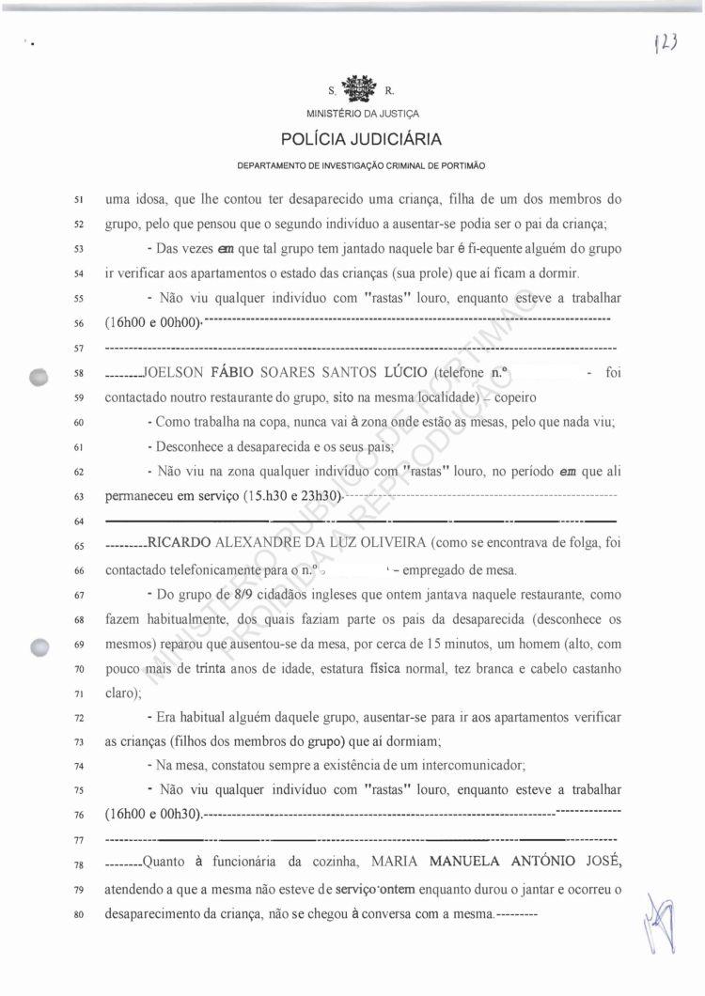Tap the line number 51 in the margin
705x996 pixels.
click(x=80, y=200)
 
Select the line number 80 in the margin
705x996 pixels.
click(x=80, y=912)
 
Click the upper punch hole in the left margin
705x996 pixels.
click(x=39, y=375)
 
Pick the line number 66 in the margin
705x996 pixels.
click(x=80, y=570)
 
